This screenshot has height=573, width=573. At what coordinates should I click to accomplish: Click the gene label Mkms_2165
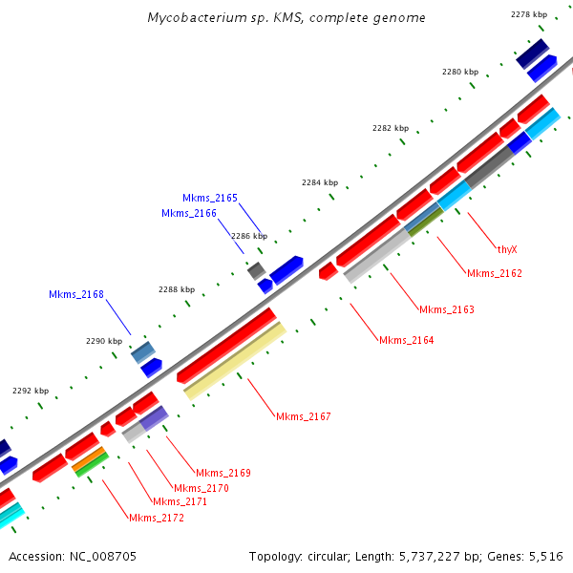coord(210,198)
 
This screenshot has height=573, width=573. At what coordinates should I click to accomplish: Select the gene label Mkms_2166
coord(188,213)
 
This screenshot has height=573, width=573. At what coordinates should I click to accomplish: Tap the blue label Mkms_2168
coord(76,294)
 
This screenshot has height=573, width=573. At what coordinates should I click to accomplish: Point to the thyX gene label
coord(506,249)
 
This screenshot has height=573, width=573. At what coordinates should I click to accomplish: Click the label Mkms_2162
coord(494,273)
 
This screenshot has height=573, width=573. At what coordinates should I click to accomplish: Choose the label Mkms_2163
coord(446,309)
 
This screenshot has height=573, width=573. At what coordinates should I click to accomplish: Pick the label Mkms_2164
coord(406,340)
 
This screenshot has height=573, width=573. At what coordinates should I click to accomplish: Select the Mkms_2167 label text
coord(303,416)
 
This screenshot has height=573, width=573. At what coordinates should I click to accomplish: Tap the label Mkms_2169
coord(223,473)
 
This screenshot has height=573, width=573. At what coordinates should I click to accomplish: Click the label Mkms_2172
coord(156,518)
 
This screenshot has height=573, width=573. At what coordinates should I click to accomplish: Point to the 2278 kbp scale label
coord(529,14)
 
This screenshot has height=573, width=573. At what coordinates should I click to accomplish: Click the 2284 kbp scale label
coord(320,182)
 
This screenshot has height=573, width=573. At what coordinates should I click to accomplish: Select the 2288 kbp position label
coord(177,289)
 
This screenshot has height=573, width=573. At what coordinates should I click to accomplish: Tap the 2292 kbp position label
coord(30,391)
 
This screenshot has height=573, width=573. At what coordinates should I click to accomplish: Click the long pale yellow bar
coord(234,361)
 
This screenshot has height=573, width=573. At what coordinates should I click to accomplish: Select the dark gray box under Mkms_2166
coord(256,271)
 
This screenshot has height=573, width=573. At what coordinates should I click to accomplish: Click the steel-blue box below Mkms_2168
coord(143,352)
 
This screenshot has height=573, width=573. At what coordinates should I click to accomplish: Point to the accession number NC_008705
coord(104,556)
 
